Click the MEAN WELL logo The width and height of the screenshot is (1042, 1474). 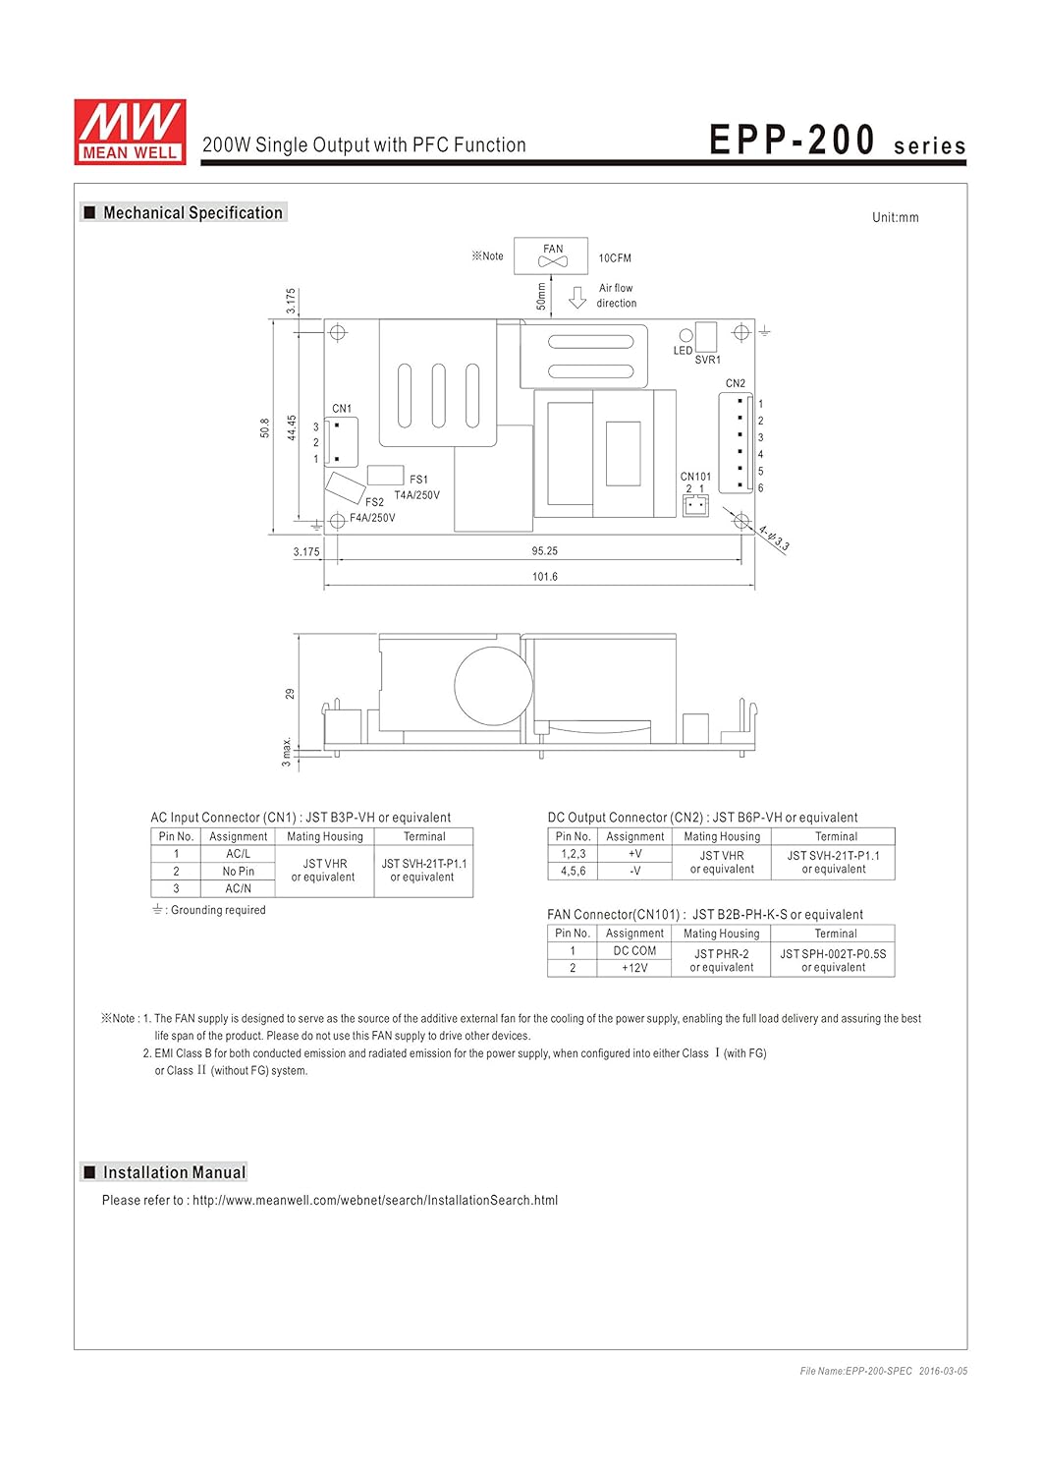[130, 131]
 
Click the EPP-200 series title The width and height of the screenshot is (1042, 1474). [837, 142]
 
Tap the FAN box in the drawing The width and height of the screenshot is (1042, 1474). [552, 255]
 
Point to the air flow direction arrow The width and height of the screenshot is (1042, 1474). [577, 297]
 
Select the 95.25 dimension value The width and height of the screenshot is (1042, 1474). [544, 551]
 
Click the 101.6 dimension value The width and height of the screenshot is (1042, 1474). [544, 577]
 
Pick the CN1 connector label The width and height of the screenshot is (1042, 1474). [342, 409]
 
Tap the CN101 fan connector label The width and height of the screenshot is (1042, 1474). [695, 477]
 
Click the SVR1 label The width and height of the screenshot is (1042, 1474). [707, 360]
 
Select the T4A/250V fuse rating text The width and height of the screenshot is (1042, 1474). [417, 495]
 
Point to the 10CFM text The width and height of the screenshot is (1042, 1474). [615, 258]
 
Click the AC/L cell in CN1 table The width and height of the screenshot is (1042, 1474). [238, 854]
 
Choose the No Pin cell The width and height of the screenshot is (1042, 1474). [238, 872]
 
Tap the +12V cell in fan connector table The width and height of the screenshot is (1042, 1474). [634, 968]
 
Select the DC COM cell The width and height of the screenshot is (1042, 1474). [634, 951]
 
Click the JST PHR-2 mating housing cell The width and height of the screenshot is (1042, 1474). [721, 960]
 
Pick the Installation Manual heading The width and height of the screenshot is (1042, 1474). [174, 1172]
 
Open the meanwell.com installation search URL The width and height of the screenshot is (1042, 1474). [375, 1200]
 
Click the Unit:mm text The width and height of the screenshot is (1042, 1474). [895, 217]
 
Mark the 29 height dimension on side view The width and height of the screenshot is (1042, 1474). [290, 694]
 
